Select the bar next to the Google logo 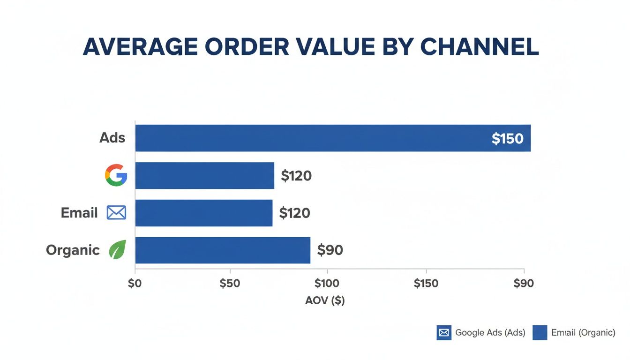pos(204,176)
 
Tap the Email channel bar pos(203,213)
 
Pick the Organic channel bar pos(223,250)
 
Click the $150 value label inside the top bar pos(507,139)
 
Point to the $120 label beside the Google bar pos(296,176)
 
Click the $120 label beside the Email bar pos(294,213)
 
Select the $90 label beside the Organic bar pos(330,250)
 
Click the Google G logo pos(116,176)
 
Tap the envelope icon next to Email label pos(116,213)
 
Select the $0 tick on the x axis pos(135,284)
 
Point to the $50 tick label pos(230,284)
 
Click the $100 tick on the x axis pos(327,284)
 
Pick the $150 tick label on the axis pos(426,284)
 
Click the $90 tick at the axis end pos(524,284)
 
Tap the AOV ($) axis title pos(325,301)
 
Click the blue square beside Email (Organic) pos(540,333)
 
